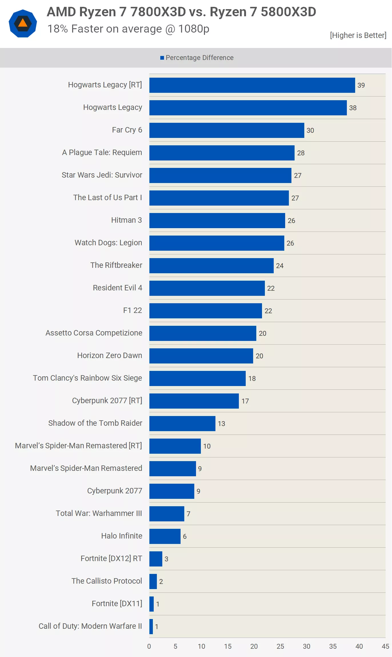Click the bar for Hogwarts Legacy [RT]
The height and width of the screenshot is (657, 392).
pos(252,85)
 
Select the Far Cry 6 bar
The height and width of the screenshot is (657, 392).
pos(227,130)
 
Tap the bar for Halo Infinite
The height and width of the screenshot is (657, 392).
pos(165,536)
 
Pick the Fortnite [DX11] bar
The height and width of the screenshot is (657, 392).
pos(151,604)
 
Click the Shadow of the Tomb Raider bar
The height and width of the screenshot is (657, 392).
pos(182,423)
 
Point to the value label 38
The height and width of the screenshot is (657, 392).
pos(353,108)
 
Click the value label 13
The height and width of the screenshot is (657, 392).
pos(221,424)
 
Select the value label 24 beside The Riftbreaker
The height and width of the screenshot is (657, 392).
pos(279,266)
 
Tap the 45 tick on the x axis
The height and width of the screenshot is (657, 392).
pos(385,646)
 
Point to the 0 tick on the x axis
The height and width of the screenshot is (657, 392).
pos(149,646)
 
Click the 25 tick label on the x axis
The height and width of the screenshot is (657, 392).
pos(280,646)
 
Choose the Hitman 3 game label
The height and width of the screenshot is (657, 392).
pos(126,220)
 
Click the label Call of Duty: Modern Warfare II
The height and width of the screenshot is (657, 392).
pos(90,626)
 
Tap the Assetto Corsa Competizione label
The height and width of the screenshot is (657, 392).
pos(94,333)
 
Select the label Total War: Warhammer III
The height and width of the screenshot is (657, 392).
pos(99,513)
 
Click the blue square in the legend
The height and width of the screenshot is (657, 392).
pos(162,58)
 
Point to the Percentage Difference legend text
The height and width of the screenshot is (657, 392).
pos(199,58)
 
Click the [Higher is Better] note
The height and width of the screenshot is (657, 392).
pos(358,35)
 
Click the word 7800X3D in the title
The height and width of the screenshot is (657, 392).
pos(158,12)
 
